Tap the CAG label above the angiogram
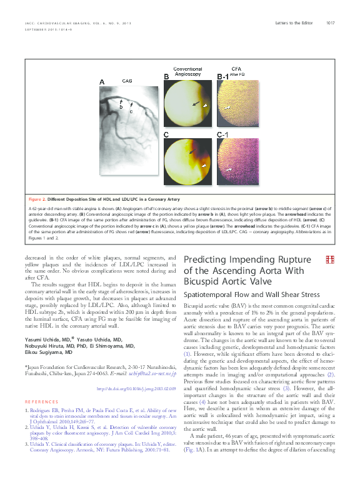click(x=127, y=81)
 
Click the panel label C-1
click(x=222, y=135)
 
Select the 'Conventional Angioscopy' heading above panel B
click(x=187, y=71)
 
